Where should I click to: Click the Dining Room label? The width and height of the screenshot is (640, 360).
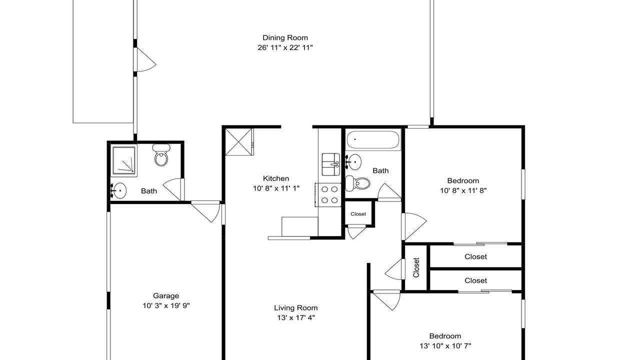pos(285,37)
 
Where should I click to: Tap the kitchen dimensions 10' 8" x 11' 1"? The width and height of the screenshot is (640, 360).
pos(276,188)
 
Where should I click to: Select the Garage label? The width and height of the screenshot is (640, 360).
pos(166,295)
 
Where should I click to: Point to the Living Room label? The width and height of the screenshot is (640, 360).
pos(295,307)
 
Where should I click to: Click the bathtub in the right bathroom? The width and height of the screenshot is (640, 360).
pos(373,139)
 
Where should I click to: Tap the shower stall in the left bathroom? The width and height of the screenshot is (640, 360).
pos(124,160)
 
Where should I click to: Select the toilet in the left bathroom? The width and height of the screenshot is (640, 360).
pos(161,155)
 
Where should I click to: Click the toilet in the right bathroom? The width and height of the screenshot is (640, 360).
pos(357,183)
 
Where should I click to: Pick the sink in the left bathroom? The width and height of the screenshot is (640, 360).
pos(118,190)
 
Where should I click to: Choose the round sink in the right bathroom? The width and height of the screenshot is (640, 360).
pos(353,162)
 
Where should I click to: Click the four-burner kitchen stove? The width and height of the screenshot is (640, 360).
pos(328,195)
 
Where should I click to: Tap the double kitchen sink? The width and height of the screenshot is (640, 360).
pos(331,164)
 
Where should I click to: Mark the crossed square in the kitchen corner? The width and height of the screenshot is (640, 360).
pos(239,142)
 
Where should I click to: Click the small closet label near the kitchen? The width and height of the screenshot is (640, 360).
pos(358,214)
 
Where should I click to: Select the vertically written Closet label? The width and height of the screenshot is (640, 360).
pos(416,267)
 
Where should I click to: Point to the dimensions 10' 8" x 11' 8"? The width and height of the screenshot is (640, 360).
pos(463,190)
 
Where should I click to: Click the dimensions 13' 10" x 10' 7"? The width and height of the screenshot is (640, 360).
pos(445,346)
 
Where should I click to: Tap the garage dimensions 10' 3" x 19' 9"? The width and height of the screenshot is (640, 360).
pos(166,305)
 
